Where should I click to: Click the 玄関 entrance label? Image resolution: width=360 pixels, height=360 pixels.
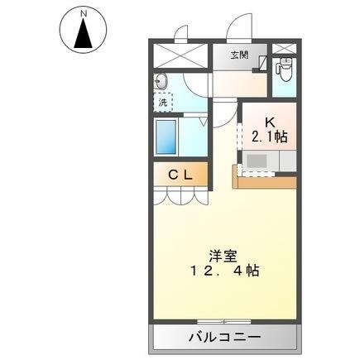(x=238, y=56)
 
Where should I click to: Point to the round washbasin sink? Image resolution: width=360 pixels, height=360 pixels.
(x=160, y=82)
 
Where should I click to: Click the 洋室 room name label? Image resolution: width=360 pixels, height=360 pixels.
(x=217, y=255)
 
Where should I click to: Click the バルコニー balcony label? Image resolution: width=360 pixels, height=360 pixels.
(x=223, y=338)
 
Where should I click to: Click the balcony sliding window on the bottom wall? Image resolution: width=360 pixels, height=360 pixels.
(x=223, y=320)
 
